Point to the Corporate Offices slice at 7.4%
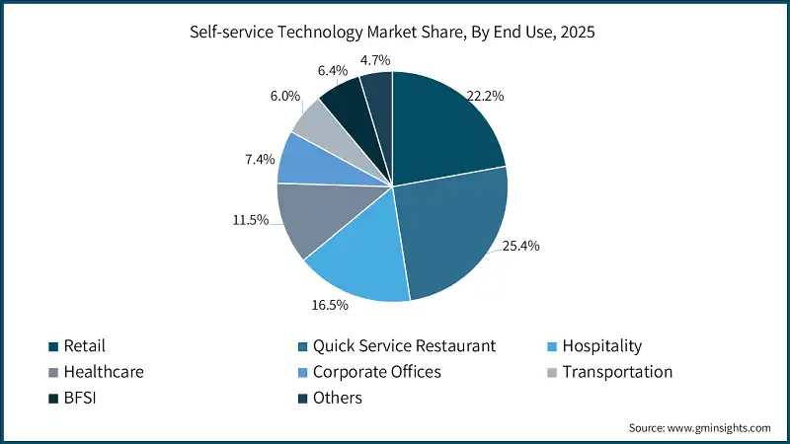[x=304, y=160]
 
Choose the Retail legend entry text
[x=84, y=346]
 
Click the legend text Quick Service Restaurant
[x=404, y=346]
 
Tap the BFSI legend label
[x=81, y=398]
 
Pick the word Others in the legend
[x=338, y=398]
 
